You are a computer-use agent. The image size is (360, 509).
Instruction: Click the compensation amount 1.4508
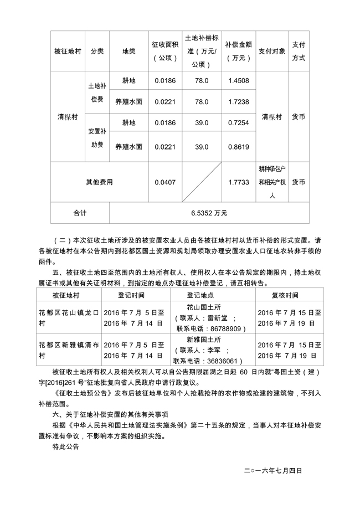(239, 81)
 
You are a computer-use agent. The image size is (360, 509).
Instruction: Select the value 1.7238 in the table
(239, 102)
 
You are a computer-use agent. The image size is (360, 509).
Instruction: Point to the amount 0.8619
(239, 147)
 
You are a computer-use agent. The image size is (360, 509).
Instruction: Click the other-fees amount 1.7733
(239, 182)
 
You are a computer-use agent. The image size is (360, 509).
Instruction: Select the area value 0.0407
(165, 182)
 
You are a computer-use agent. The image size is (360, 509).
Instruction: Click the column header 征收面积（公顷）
(165, 51)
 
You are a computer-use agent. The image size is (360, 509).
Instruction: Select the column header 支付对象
(271, 51)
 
